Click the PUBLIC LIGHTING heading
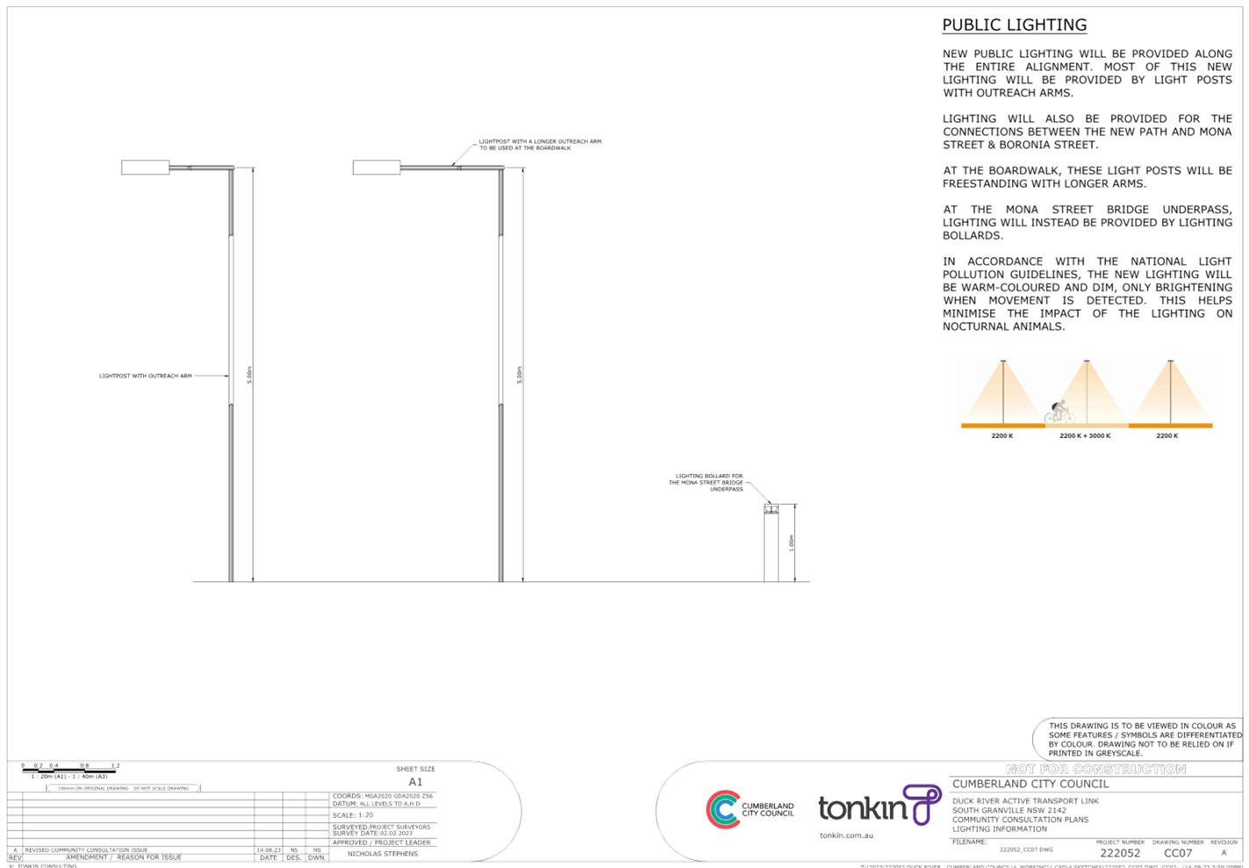(1014, 25)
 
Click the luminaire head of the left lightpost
(145, 167)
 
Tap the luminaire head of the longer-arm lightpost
(376, 167)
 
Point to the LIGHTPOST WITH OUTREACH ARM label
(145, 376)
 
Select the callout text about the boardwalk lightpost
(541, 145)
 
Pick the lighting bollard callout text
(709, 482)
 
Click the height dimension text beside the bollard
(792, 542)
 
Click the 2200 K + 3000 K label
(1085, 436)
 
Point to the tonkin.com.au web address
(846, 836)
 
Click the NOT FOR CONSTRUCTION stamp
(1095, 769)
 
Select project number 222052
(1120, 853)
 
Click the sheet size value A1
(416, 781)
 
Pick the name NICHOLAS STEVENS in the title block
(383, 854)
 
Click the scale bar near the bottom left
(70, 768)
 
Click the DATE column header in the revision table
(267, 857)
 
